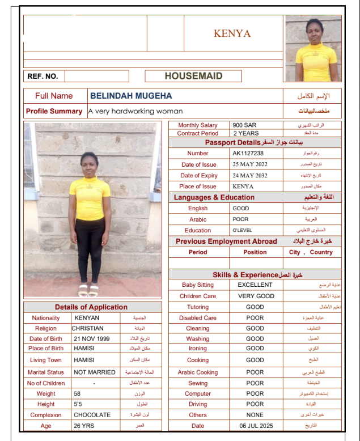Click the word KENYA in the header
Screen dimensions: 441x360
pyautogui.click(x=232, y=33)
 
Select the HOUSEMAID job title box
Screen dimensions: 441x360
pyautogui.click(x=193, y=76)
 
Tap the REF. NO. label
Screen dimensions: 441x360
pyautogui.click(x=43, y=76)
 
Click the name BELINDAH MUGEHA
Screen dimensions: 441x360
pyautogui.click(x=131, y=96)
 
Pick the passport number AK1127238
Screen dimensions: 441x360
pyautogui.click(x=248, y=153)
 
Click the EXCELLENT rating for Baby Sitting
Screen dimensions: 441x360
pyautogui.click(x=255, y=285)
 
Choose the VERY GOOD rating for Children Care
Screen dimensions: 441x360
pyautogui.click(x=256, y=296)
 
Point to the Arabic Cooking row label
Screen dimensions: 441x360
pyautogui.click(x=198, y=372)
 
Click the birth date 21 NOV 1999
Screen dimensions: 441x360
pyautogui.click(x=92, y=338)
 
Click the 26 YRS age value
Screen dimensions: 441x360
pyautogui.click(x=84, y=426)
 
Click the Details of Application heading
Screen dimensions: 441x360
pyautogui.click(x=91, y=307)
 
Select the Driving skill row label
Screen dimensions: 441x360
pyautogui.click(x=198, y=404)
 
